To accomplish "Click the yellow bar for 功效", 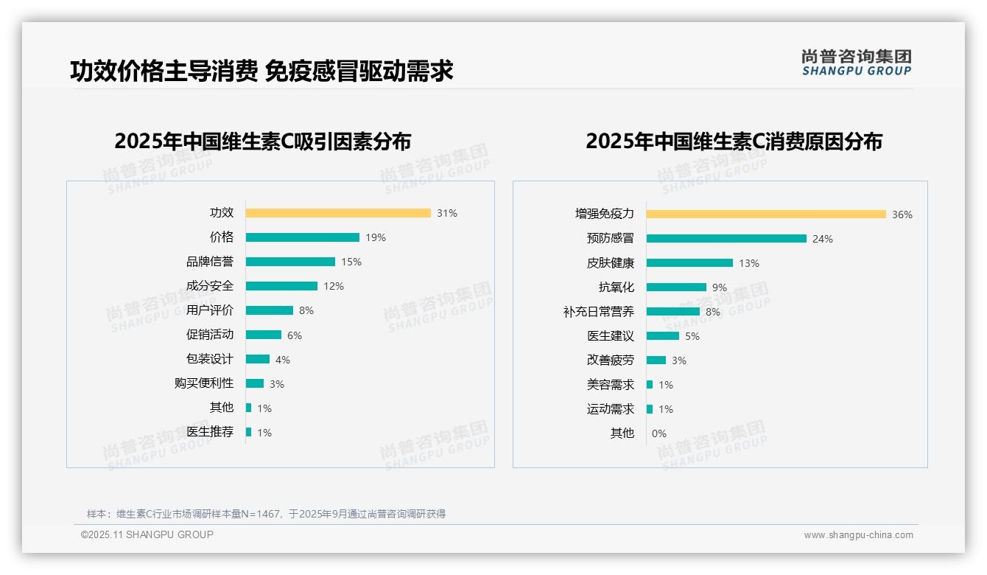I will pyautogui.click(x=338, y=213).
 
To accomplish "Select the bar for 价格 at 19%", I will pyautogui.click(x=303, y=237).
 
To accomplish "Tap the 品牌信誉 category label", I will pyautogui.click(x=209, y=262).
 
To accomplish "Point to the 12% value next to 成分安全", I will pyautogui.click(x=334, y=286).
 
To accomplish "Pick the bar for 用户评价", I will pyautogui.click(x=270, y=310).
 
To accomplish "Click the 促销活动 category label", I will pyautogui.click(x=209, y=335).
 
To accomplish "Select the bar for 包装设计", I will pyautogui.click(x=258, y=359).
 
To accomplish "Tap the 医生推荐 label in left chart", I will pyautogui.click(x=209, y=432).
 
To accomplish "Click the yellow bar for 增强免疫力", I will pyautogui.click(x=766, y=215).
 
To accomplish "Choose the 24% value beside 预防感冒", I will pyautogui.click(x=823, y=239).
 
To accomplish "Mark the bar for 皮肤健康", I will pyautogui.click(x=689, y=263).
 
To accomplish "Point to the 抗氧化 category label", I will pyautogui.click(x=616, y=287).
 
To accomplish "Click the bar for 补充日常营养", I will pyautogui.click(x=673, y=312).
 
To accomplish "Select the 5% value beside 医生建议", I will pyautogui.click(x=692, y=336).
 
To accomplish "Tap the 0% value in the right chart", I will pyautogui.click(x=659, y=433).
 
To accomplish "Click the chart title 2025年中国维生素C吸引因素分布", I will pyautogui.click(x=263, y=141).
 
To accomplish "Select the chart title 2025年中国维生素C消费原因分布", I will pyautogui.click(x=734, y=141).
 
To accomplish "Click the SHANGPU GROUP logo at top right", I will pyautogui.click(x=857, y=63).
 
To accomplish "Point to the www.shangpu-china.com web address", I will pyautogui.click(x=858, y=535).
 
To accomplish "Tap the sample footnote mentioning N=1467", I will pyautogui.click(x=266, y=514).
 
